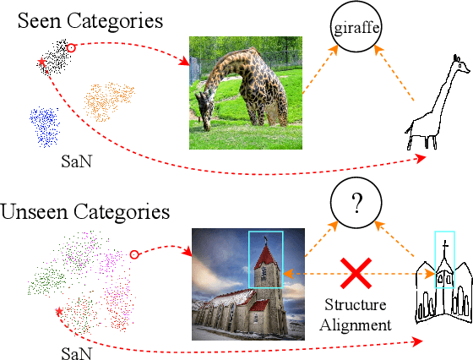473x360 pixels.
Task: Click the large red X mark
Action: click(357, 278)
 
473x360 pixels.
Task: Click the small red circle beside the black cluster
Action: click(72, 48)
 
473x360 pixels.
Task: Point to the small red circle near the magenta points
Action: click(133, 254)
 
